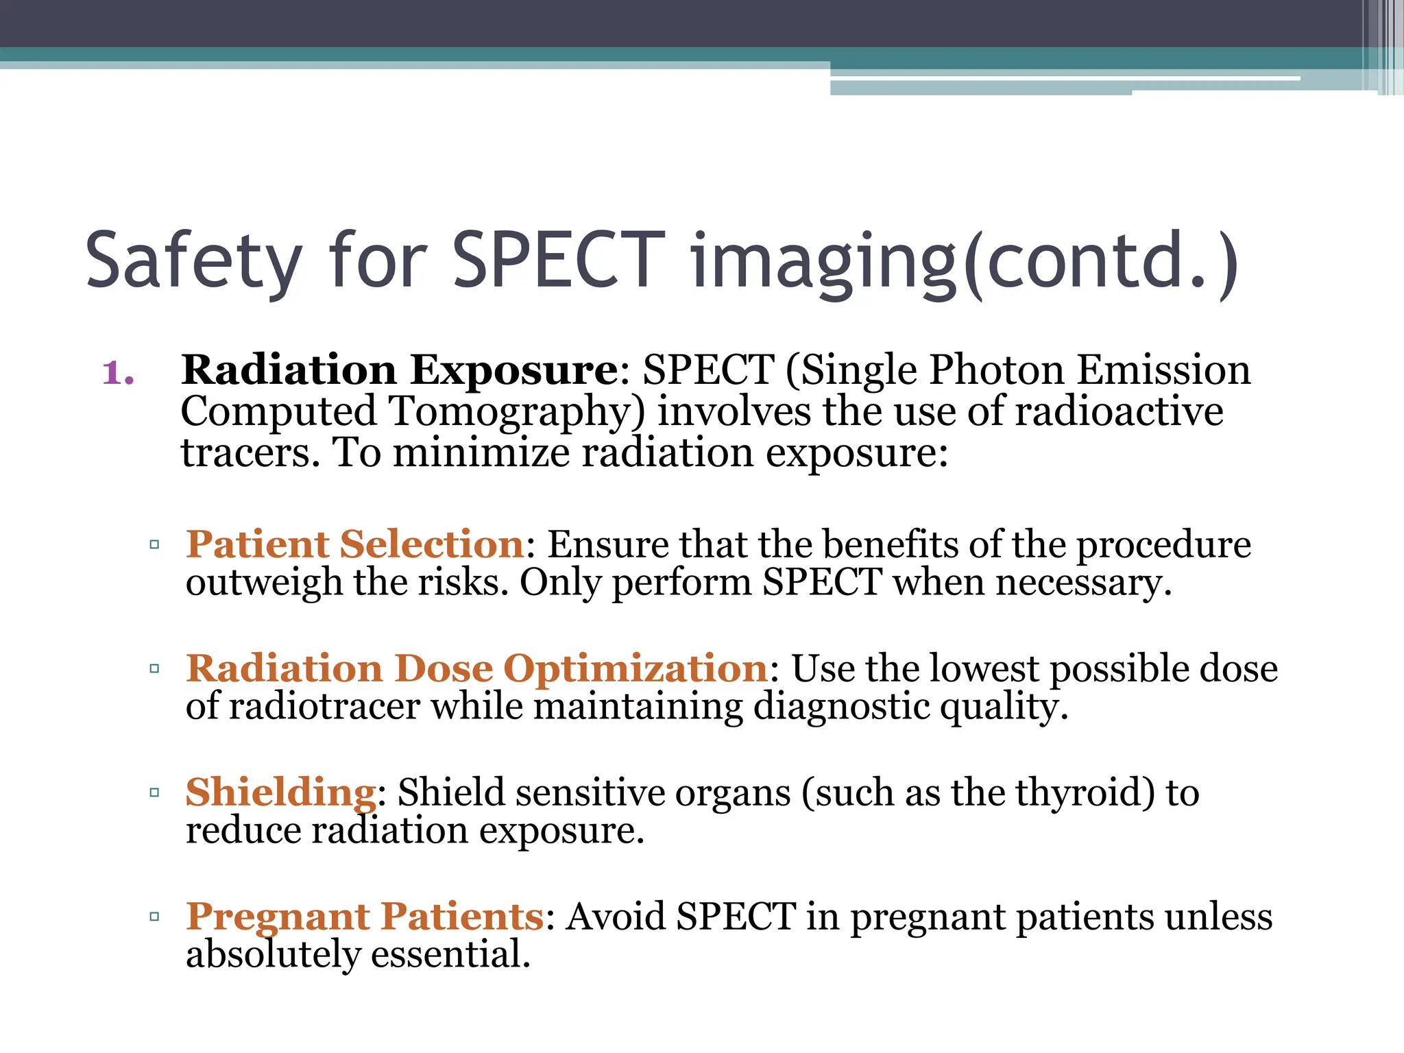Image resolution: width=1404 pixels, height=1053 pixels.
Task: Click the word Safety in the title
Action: pos(193,262)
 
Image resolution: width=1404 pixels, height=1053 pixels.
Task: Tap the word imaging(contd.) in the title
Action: pos(963,262)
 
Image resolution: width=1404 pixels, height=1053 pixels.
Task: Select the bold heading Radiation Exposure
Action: pos(399,370)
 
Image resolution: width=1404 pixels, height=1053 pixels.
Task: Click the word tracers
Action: pos(250,454)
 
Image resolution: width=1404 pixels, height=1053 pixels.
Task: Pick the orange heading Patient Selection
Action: pos(355,544)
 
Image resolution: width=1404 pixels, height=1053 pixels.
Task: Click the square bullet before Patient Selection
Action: pos(154,545)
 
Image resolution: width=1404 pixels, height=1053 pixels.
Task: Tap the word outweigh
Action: pos(263,583)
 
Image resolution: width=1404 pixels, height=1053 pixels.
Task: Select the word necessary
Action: pos(1083,583)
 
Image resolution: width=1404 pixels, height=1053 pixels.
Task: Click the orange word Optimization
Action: pos(636,668)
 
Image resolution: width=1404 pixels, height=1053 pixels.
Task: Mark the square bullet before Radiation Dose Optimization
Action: pos(154,668)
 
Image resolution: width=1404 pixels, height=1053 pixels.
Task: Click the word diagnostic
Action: pos(840,707)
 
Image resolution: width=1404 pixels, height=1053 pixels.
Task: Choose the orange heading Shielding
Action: pos(280,793)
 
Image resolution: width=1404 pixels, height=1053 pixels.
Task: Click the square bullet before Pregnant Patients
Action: pos(154,917)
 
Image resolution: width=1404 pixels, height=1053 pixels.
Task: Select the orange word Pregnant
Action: pos(278,917)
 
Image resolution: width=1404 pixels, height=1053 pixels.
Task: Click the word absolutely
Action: pos(272,955)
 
